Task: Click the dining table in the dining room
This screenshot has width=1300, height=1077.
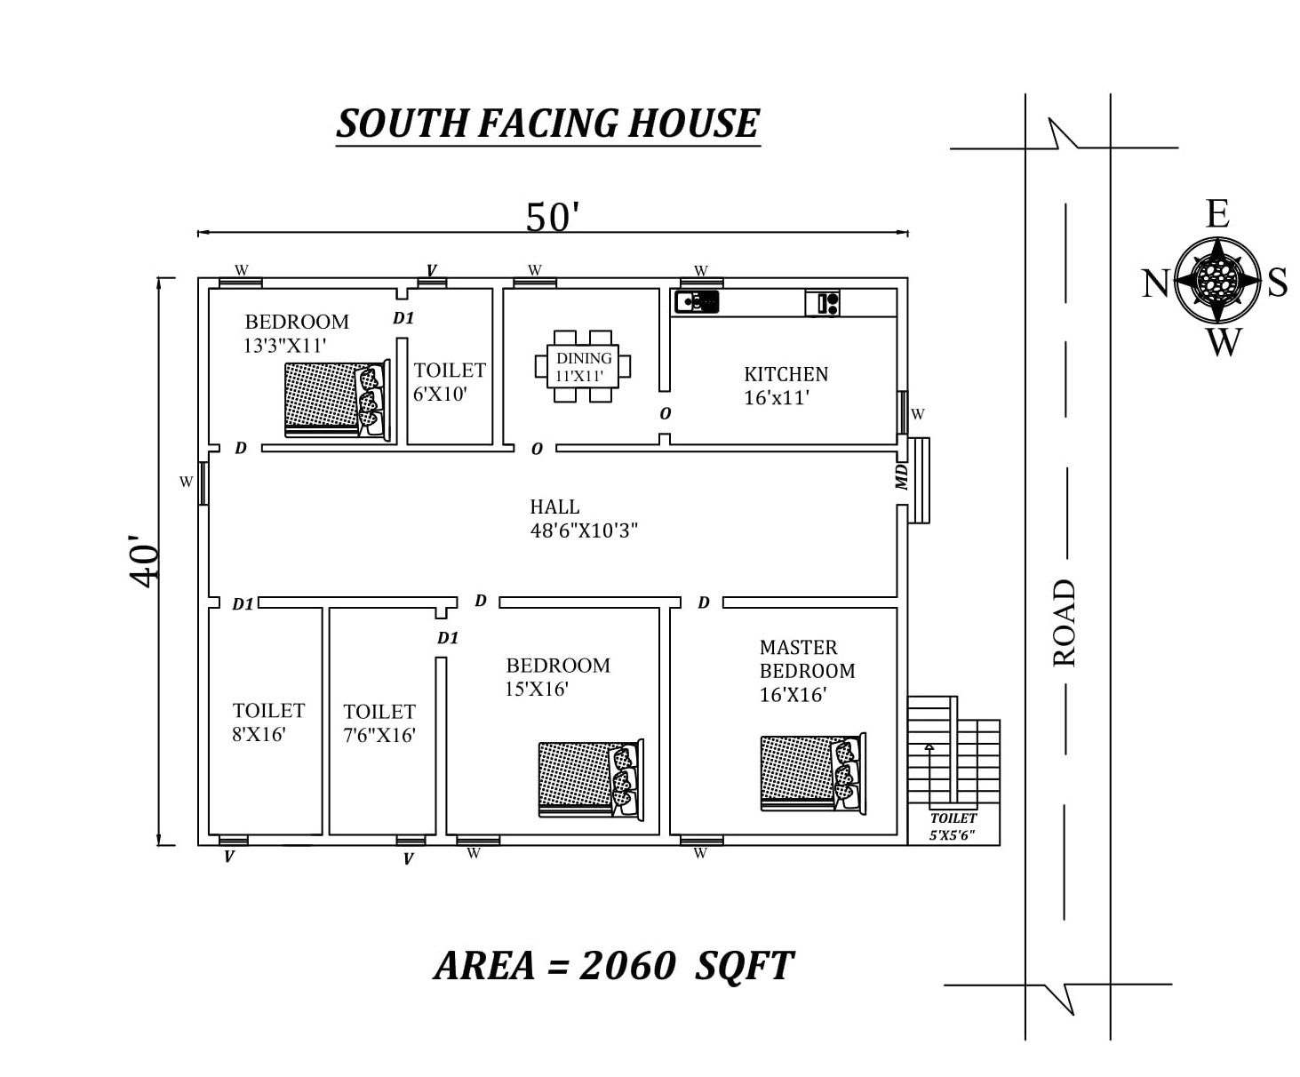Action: pos(582,366)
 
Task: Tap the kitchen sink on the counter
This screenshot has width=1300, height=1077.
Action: pos(697,302)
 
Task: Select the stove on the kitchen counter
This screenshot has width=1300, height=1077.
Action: pos(822,303)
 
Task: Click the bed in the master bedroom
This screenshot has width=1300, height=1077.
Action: pos(813,774)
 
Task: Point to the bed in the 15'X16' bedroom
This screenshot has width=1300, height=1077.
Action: pos(591,780)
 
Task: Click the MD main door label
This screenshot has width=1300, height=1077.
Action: pos(902,477)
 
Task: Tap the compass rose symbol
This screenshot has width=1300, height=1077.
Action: pos(1217,281)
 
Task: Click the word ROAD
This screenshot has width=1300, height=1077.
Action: pos(1064,623)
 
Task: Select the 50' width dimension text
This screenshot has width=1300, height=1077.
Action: pos(552,217)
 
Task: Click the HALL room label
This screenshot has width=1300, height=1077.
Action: pos(554,507)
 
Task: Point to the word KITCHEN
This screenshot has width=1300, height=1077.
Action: pos(786,374)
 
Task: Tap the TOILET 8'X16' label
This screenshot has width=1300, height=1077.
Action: pos(268,722)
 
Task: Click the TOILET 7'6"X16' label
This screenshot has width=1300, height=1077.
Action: pos(379,723)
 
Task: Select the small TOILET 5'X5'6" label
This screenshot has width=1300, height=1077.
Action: pos(953,826)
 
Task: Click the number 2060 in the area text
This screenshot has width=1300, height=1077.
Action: pos(627,966)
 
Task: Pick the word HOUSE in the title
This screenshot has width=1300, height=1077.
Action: pos(693,123)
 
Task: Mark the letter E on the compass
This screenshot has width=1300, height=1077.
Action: pos(1218,213)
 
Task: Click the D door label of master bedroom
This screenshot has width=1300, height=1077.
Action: pos(704,602)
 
